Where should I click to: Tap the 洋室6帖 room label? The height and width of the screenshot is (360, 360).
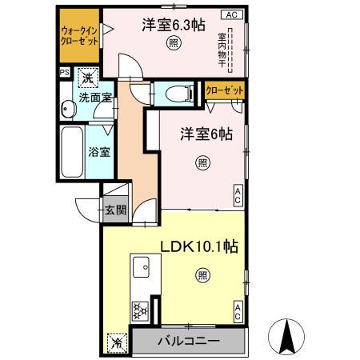[x=206, y=135]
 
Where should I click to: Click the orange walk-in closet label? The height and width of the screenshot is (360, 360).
[x=78, y=36]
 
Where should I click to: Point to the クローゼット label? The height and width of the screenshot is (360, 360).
[x=224, y=91]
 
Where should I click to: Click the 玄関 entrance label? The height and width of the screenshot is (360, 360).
[x=115, y=210]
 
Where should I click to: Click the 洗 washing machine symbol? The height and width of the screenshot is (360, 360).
[x=86, y=78]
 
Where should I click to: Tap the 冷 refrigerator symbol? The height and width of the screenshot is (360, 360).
[x=117, y=343]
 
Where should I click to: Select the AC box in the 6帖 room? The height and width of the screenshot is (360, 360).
[x=238, y=193]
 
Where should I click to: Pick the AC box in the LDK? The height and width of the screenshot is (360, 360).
[x=238, y=312]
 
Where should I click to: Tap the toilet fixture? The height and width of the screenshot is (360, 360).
[x=176, y=94]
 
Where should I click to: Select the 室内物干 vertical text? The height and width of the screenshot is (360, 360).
[x=222, y=50]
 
